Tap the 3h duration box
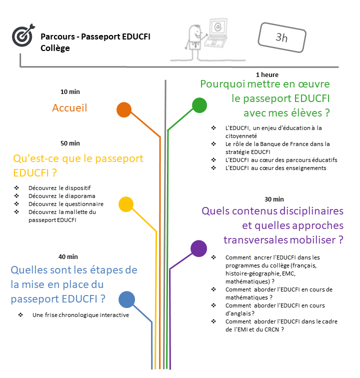point(281,36)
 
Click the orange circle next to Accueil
point(123,110)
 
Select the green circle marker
point(199,105)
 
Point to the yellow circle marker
point(126,204)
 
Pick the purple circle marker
point(198,248)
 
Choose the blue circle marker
point(126,299)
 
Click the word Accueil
point(69,108)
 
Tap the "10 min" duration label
point(70,92)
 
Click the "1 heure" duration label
point(266,75)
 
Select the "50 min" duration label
point(70,143)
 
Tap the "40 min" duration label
point(68,257)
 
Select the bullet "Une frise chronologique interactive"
point(80,315)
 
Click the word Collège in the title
point(55,48)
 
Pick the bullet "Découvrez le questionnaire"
point(66,204)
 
